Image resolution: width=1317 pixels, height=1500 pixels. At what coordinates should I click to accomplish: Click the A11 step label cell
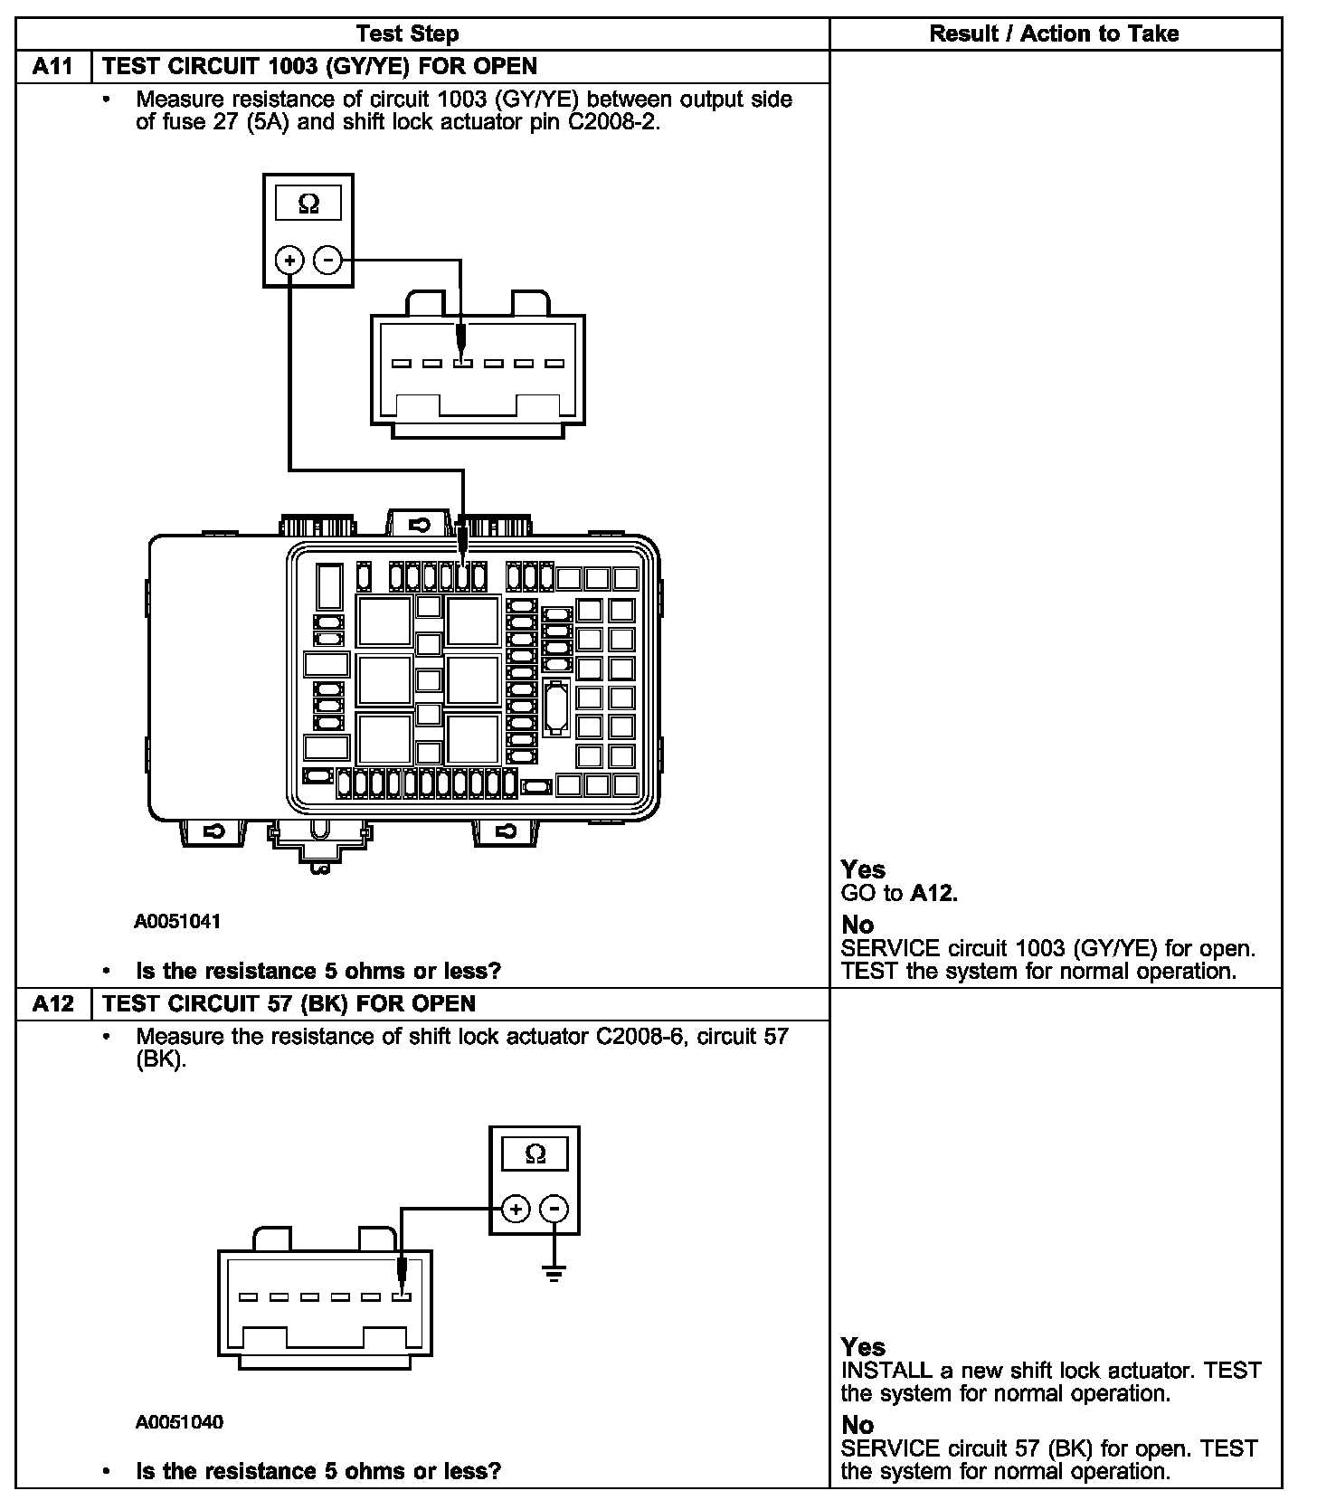tap(54, 67)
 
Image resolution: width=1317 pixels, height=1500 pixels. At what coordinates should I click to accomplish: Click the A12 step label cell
tap(54, 1003)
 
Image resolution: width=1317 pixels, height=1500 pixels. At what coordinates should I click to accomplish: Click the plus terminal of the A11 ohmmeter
tap(289, 261)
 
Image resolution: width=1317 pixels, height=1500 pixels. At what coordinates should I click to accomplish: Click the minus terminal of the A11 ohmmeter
tap(327, 261)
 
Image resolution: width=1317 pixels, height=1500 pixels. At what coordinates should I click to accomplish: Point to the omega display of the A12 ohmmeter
tap(535, 1154)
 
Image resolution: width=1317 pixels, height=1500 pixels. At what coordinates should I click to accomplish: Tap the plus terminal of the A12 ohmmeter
tap(516, 1209)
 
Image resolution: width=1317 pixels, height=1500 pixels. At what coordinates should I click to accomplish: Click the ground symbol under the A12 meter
tap(554, 1274)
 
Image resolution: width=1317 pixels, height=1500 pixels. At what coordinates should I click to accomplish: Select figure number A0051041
tap(177, 922)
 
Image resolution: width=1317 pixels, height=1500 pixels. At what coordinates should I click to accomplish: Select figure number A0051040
tap(179, 1422)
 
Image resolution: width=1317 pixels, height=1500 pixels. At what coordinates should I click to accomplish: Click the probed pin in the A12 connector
tap(402, 1297)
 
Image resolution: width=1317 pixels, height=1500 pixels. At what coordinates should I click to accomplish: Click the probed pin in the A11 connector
tap(463, 364)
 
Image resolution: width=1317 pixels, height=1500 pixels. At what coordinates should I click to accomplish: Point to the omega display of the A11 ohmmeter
tap(308, 204)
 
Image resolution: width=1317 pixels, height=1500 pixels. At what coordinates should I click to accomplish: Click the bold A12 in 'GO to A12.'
tap(933, 894)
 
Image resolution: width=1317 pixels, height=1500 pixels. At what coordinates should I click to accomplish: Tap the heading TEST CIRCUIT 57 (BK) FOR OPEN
tap(289, 1003)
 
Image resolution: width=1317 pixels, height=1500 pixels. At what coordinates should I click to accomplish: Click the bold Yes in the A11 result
tap(863, 869)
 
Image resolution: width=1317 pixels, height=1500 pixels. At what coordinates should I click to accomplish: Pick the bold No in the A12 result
tap(857, 1425)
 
